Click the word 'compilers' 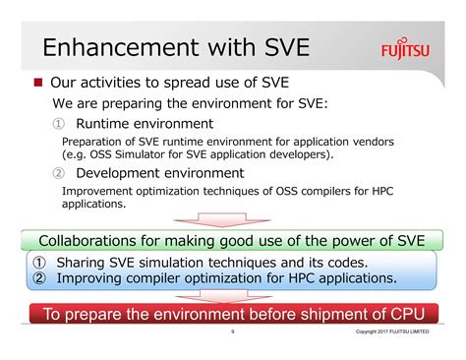(x=333, y=190)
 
